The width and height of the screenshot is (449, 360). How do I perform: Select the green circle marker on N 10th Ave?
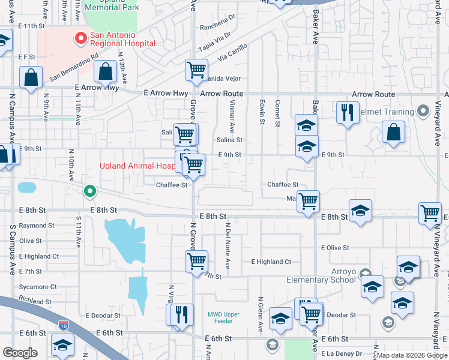coord(89,191)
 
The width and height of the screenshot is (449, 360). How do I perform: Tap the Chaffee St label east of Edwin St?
coord(283,185)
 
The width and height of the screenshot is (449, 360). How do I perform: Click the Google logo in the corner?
coord(20,353)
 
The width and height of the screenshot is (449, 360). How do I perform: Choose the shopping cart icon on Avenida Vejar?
coord(196,70)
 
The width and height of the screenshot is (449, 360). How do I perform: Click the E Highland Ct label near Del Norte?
coord(271,262)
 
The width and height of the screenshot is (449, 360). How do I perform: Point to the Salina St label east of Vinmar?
coord(229,140)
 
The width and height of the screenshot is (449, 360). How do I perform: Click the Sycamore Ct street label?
coord(37,287)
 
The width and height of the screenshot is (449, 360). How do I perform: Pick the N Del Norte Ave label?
coord(228,246)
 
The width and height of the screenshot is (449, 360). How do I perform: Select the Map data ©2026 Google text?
coord(412,355)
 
